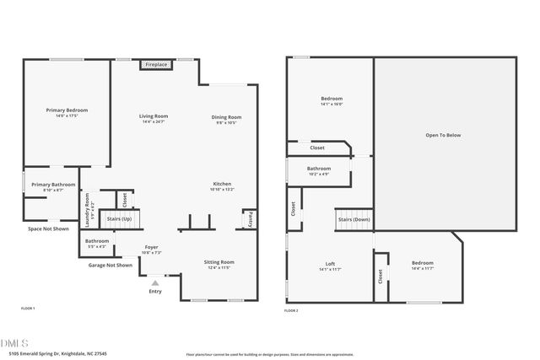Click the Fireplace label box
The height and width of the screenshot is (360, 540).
[x=156, y=64]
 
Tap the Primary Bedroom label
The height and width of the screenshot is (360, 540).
[x=67, y=110]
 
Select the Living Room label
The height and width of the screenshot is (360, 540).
[x=154, y=117]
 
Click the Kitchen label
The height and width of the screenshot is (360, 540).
[x=222, y=185]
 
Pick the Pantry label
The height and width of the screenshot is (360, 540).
[x=251, y=219]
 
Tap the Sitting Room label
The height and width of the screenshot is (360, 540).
[x=219, y=263]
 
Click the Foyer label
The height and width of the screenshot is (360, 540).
[x=152, y=249]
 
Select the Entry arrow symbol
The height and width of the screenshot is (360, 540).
[x=154, y=283]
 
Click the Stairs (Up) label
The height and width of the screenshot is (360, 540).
[x=119, y=218]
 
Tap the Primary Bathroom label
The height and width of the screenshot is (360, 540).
[x=53, y=185]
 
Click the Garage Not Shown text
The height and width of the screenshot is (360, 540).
[x=111, y=265]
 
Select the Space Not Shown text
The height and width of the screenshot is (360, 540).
[x=49, y=228]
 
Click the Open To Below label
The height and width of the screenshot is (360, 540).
[x=444, y=135]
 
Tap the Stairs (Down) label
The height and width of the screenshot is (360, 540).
[x=354, y=219]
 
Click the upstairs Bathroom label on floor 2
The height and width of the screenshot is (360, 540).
[x=319, y=169]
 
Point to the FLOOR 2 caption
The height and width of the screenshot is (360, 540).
[x=291, y=310]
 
